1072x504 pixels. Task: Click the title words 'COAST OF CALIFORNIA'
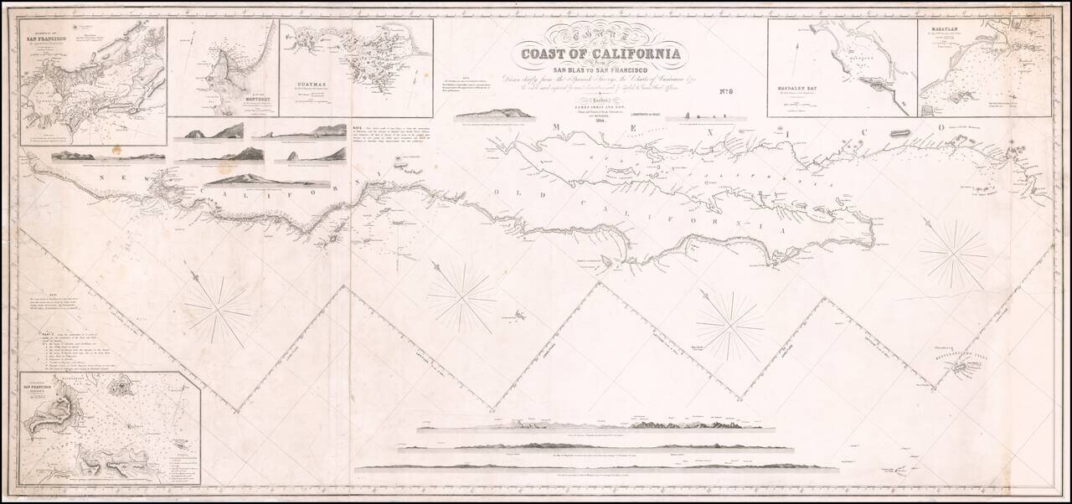[601, 56]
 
